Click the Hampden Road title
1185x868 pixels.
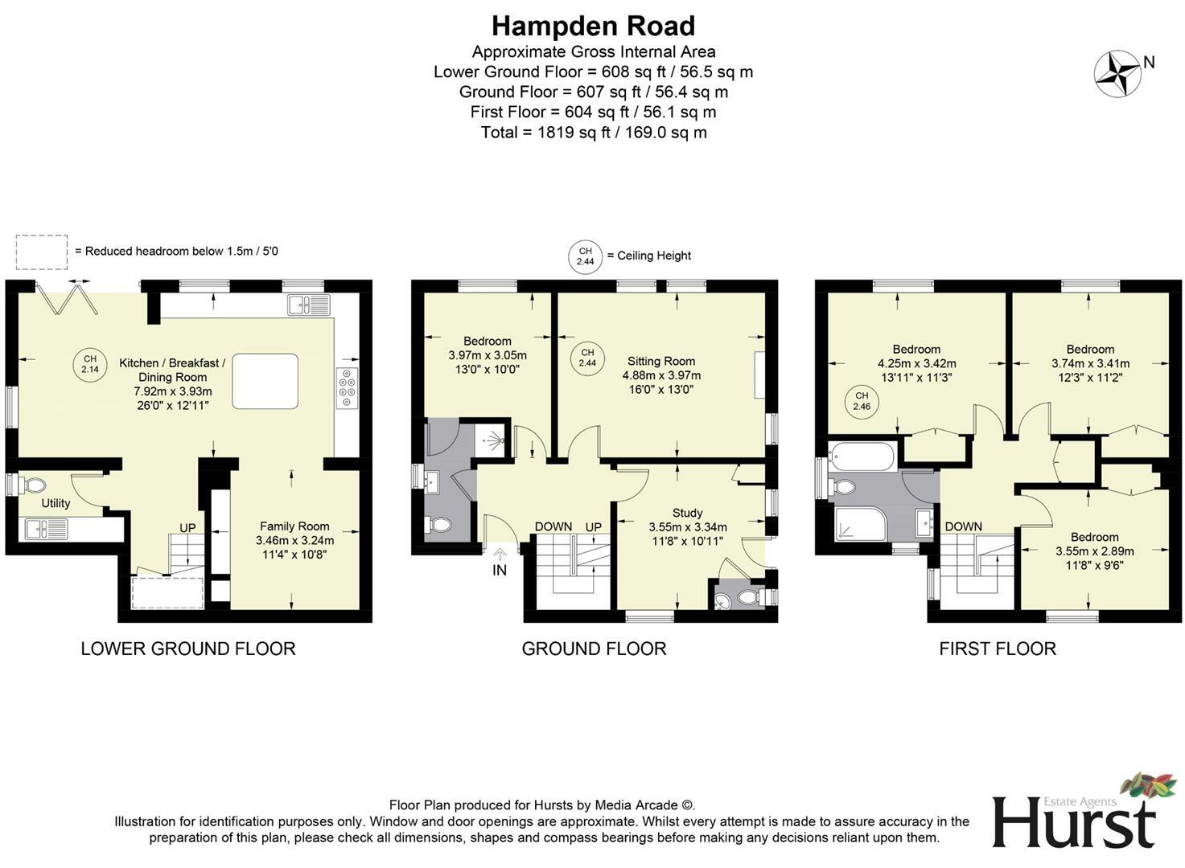(x=593, y=26)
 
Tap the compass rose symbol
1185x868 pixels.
(x=1117, y=74)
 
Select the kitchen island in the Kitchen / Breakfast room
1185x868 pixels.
(x=265, y=381)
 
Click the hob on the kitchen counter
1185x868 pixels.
(x=348, y=387)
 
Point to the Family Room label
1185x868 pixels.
(x=294, y=526)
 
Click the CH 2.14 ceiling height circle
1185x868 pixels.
(x=89, y=364)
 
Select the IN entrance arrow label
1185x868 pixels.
(x=500, y=570)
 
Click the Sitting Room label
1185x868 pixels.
(x=661, y=362)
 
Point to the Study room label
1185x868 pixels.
(x=687, y=513)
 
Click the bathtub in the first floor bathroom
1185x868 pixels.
(x=862, y=457)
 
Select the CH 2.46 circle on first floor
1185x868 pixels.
(x=862, y=401)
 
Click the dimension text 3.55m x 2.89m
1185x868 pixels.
(x=1094, y=551)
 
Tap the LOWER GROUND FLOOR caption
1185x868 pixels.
(x=187, y=649)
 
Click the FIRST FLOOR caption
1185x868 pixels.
(x=997, y=649)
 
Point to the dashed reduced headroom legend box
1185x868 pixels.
(x=41, y=252)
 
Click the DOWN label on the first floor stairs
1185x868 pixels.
(x=963, y=526)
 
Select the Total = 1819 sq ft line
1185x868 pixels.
(x=593, y=133)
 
